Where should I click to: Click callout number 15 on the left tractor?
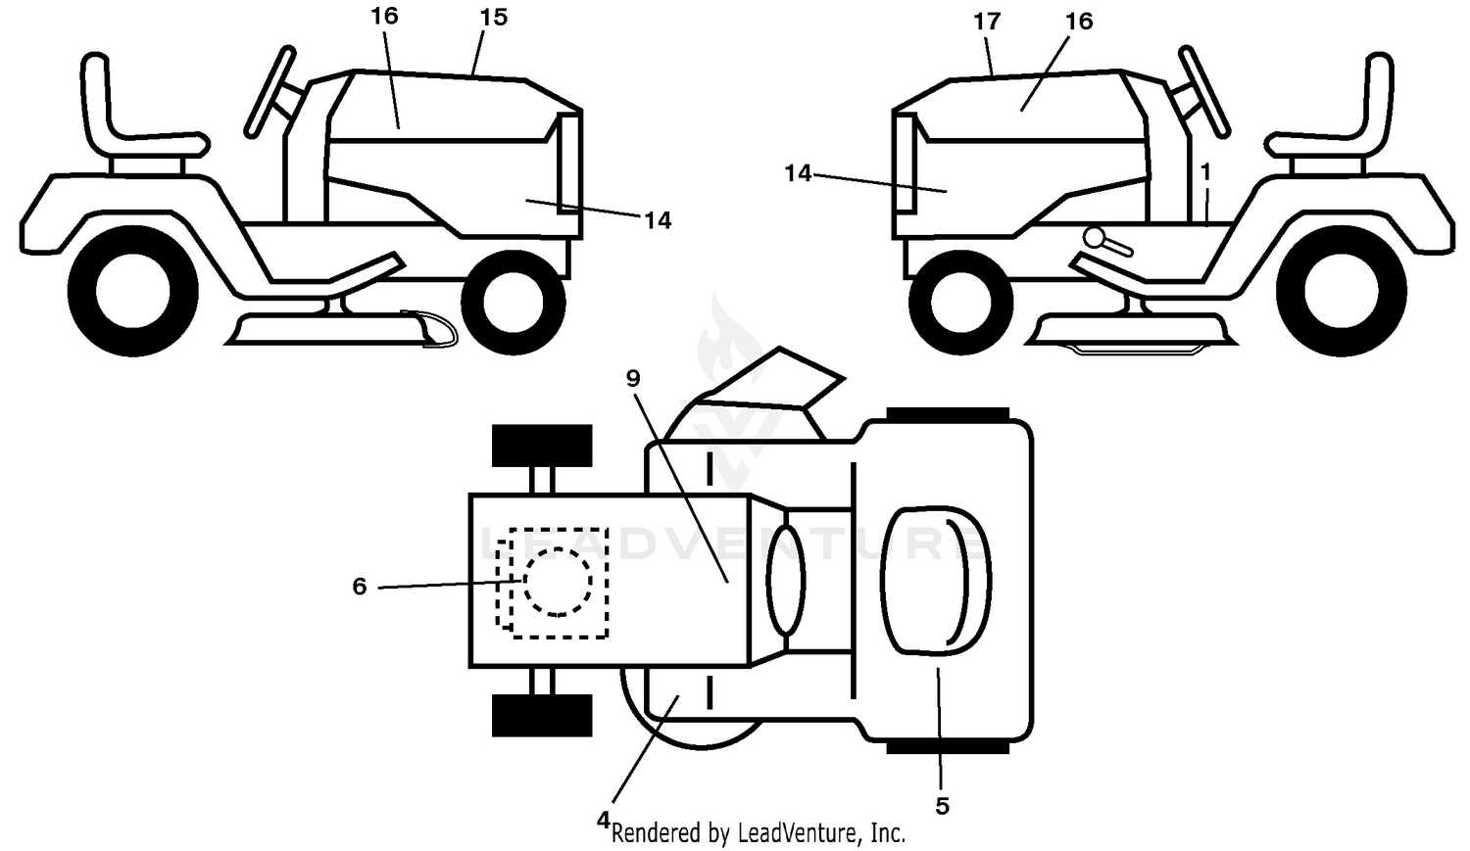click(x=494, y=18)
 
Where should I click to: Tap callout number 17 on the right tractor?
click(x=987, y=22)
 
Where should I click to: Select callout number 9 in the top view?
click(x=633, y=378)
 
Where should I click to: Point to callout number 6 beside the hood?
click(x=359, y=587)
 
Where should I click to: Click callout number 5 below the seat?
click(x=942, y=806)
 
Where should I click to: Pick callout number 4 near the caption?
click(x=603, y=819)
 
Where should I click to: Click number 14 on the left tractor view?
click(x=658, y=221)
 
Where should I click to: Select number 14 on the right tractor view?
click(x=798, y=173)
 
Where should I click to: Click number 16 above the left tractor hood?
click(x=384, y=16)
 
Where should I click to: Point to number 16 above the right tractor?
click(x=1079, y=22)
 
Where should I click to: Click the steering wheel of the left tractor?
click(x=270, y=91)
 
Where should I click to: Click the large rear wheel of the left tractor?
click(x=133, y=291)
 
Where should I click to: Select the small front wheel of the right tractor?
click(x=960, y=302)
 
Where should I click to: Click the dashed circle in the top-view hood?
click(x=558, y=582)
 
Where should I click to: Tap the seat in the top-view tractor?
click(x=936, y=581)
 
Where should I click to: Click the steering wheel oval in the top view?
click(x=786, y=580)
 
